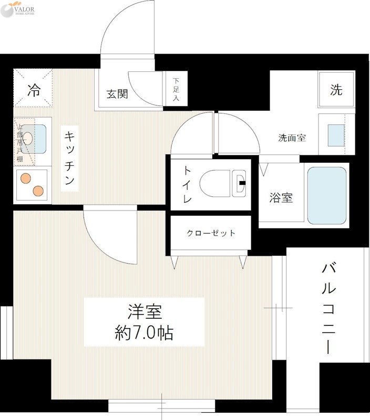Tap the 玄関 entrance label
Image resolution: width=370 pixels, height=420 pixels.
click(117, 94)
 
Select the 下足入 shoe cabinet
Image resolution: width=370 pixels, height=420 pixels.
click(176, 89)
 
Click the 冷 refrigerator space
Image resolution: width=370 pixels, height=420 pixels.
click(33, 90)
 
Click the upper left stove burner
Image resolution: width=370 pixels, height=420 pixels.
click(25, 178)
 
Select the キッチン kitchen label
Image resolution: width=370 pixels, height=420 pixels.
click(69, 158)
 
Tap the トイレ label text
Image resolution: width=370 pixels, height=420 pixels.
click(187, 184)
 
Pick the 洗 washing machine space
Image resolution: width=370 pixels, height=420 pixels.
click(336, 90)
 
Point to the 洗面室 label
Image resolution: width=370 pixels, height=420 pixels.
click(292, 138)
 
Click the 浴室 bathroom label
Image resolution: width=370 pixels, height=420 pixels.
click(281, 198)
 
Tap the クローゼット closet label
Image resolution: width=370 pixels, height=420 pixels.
click(211, 233)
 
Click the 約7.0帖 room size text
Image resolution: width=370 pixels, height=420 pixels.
click(144, 332)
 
